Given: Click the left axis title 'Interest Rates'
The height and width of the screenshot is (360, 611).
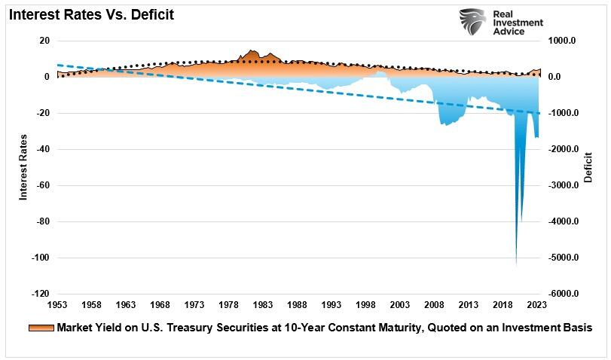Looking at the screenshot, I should [23, 167].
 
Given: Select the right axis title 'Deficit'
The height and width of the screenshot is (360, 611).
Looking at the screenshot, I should [588, 167].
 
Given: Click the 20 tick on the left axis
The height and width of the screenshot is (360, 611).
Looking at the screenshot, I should [44, 41].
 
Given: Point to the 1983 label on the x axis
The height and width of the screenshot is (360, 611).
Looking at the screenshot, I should [263, 304].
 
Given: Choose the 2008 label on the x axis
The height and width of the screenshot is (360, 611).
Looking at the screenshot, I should [435, 304].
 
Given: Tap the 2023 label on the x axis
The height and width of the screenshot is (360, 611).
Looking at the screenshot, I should [537, 304].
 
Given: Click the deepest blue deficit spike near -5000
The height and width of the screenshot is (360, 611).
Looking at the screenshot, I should [516, 260].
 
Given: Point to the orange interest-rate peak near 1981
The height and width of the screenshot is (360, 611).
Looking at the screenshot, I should [249, 52].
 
